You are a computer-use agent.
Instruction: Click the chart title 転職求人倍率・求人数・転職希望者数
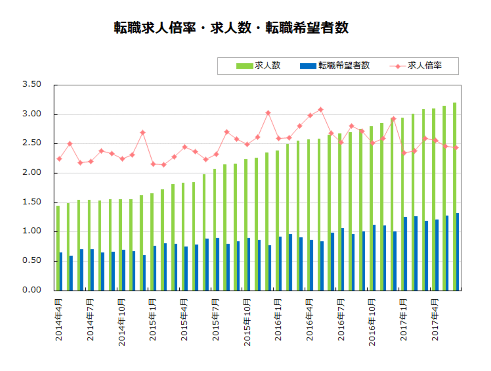(x=231, y=28)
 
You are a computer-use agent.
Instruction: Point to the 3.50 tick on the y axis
(x=32, y=85)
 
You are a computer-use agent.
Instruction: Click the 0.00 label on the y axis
(x=32, y=290)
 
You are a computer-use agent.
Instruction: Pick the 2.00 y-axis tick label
(x=32, y=173)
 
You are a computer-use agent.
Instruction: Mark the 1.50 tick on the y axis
(x=32, y=202)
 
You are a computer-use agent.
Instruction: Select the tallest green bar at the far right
(x=454, y=197)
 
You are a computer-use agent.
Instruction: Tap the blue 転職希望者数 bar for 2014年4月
(x=61, y=272)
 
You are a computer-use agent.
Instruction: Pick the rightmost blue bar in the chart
(x=458, y=252)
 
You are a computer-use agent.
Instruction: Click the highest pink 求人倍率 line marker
(x=320, y=109)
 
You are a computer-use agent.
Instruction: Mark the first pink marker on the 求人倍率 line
(x=59, y=159)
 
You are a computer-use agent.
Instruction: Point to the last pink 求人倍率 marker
(x=456, y=148)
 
